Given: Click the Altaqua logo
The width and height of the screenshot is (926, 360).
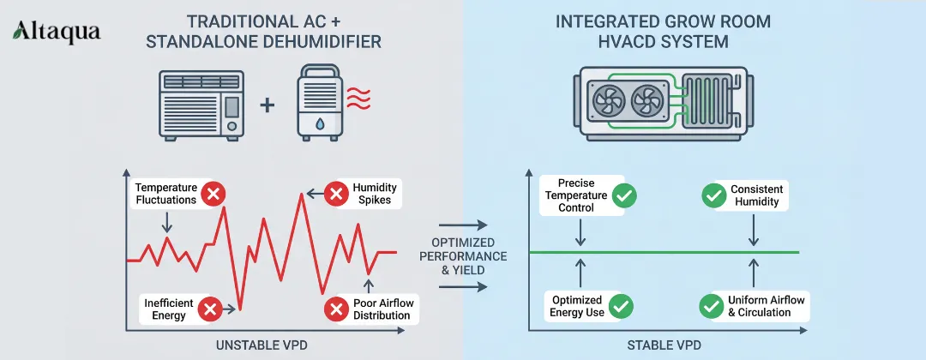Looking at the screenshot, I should [x=56, y=33].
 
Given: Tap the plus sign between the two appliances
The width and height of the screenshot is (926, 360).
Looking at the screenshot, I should [x=268, y=105].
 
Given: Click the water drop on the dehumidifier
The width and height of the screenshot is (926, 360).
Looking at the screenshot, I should [x=319, y=123].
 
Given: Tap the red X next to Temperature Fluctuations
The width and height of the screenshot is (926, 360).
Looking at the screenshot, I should [x=214, y=194].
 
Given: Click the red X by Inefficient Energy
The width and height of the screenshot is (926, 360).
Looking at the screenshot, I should [x=208, y=309].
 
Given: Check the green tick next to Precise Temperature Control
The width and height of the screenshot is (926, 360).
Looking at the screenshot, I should [x=625, y=195].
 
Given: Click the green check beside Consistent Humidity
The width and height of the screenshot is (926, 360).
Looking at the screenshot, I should [x=713, y=195].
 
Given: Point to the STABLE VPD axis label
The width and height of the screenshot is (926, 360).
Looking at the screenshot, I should [x=663, y=345].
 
